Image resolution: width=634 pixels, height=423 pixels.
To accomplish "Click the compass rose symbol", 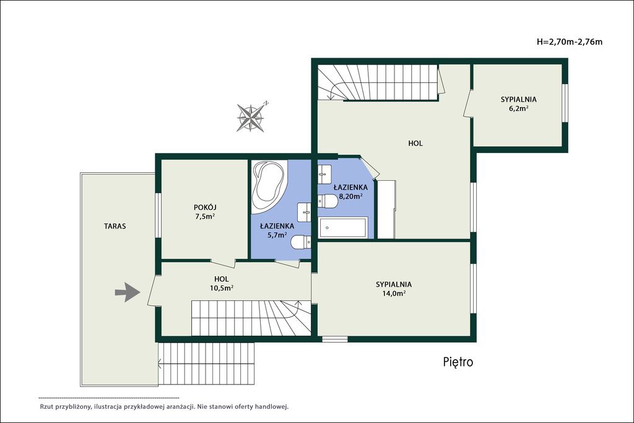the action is [x=251, y=118].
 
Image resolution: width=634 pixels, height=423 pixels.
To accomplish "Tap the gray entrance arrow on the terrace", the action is [x=128, y=292].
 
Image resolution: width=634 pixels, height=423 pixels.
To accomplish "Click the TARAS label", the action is [x=115, y=226].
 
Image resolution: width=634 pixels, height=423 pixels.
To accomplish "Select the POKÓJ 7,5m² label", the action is [x=205, y=212].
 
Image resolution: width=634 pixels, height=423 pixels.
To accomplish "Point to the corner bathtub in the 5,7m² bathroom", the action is [x=267, y=187].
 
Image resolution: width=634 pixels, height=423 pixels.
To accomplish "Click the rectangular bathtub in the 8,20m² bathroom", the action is [x=343, y=228].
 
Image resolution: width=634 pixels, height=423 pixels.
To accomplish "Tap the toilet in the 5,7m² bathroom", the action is [x=301, y=242].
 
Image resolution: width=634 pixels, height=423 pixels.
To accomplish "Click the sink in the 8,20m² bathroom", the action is [x=324, y=174].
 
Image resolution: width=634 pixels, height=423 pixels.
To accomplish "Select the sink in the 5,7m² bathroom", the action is [x=304, y=212].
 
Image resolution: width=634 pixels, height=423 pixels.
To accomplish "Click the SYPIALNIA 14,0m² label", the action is [x=394, y=289].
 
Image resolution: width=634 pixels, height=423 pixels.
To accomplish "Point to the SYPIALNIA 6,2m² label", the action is [x=519, y=103].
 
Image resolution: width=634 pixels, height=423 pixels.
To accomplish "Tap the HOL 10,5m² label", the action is [x=221, y=283].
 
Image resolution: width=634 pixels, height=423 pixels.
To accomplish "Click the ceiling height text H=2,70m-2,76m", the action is [x=570, y=41].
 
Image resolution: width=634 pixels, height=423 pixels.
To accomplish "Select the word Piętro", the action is [x=458, y=362].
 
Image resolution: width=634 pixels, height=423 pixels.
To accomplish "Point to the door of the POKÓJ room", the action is [x=223, y=263].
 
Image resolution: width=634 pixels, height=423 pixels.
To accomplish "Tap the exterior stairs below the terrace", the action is [x=206, y=364].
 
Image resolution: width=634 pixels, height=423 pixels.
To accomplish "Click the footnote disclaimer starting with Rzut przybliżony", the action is [x=163, y=406].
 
